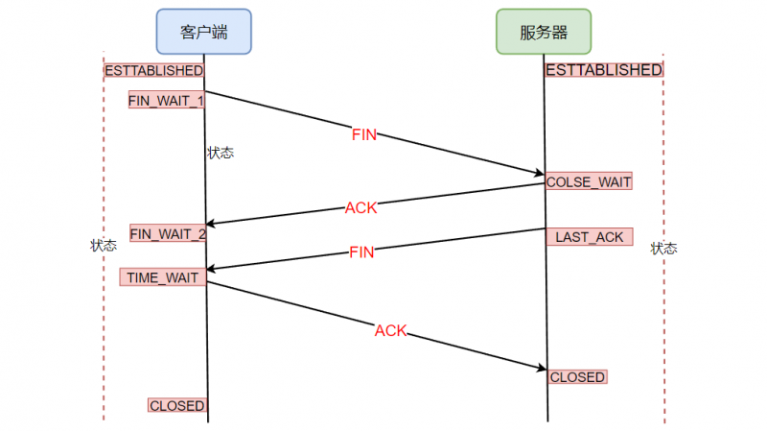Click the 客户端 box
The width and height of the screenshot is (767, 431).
pos(203,32)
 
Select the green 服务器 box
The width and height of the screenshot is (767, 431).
pos(544,32)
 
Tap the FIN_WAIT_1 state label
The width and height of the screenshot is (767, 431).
pos(167,100)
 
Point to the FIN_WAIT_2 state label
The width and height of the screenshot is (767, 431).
pos(168,233)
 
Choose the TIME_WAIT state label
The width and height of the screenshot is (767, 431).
pos(162,277)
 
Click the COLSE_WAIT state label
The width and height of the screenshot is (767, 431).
pos(589,181)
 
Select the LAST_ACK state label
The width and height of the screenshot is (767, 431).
pos(590,236)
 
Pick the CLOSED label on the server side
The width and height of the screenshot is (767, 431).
pos(577,377)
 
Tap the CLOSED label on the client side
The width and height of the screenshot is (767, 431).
pos(177,406)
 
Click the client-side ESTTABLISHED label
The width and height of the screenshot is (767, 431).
pos(153,71)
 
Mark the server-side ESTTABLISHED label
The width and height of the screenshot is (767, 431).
pos(604,70)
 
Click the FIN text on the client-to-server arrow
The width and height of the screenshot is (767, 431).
pos(364,135)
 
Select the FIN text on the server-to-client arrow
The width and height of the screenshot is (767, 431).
pos(361,252)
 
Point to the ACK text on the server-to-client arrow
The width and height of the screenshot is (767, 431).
pos(360,206)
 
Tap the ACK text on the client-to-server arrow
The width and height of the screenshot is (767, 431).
pos(390,330)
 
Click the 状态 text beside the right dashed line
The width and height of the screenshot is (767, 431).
pos(663,249)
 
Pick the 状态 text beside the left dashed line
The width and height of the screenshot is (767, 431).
pos(104,246)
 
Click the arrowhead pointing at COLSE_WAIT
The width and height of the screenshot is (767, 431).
pos(538,173)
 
